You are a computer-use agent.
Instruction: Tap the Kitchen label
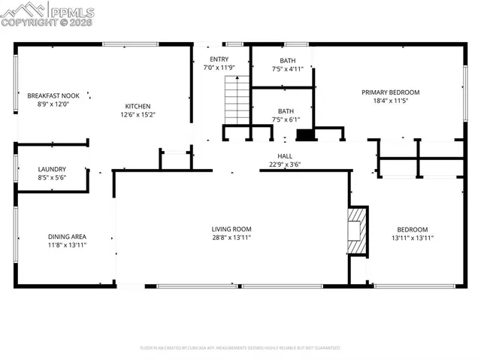coord(138,106)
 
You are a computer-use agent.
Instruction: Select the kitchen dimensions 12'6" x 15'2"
coord(138,115)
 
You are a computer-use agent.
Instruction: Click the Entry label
coord(219,59)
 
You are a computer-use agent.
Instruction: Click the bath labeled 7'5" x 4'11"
coord(287,61)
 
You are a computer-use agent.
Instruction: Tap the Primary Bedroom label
coord(390,92)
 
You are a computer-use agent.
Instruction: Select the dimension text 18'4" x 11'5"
coord(390,101)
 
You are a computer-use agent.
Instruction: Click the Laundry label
coord(52,169)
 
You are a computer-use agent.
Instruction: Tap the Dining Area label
coord(67,236)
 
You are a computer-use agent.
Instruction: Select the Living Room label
coord(231,229)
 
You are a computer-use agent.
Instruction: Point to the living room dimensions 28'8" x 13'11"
coord(231,237)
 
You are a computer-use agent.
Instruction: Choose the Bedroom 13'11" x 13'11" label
coord(412,229)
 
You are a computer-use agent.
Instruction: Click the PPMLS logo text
coord(72,10)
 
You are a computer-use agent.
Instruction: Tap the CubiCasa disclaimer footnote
coord(240,348)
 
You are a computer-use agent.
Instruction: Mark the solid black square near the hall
coord(305,136)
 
